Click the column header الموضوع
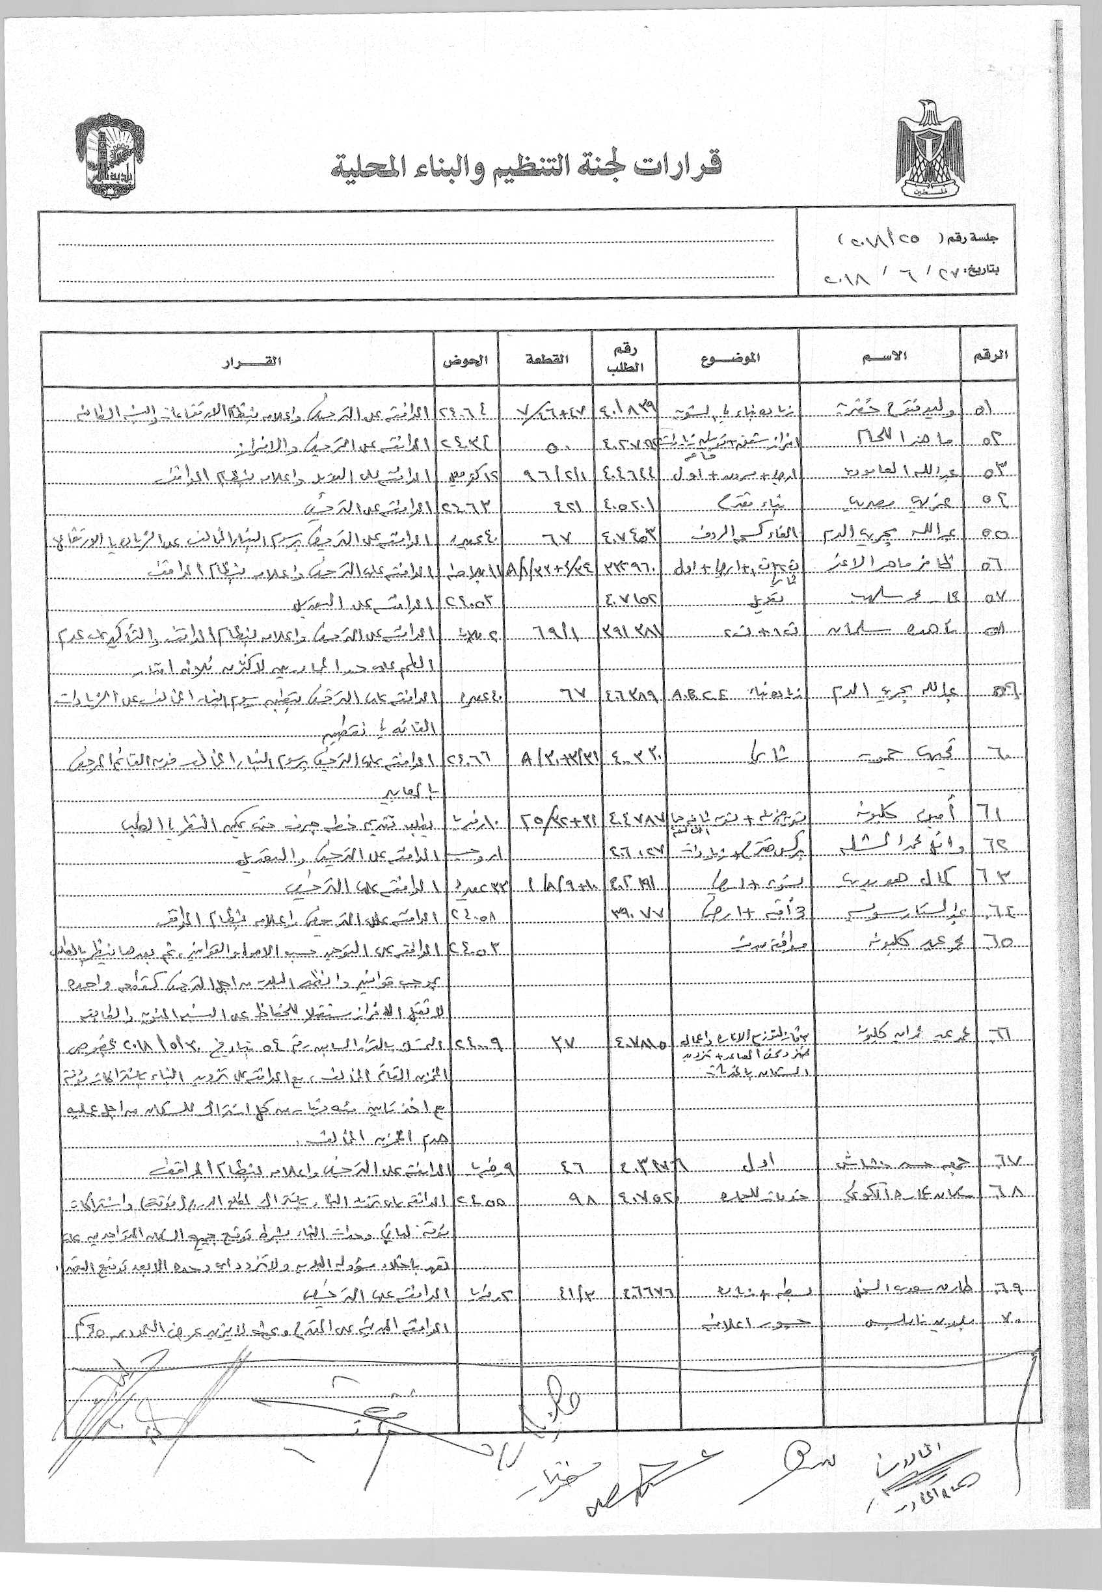tap(731, 358)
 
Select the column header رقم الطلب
tap(625, 359)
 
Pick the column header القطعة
tap(548, 358)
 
